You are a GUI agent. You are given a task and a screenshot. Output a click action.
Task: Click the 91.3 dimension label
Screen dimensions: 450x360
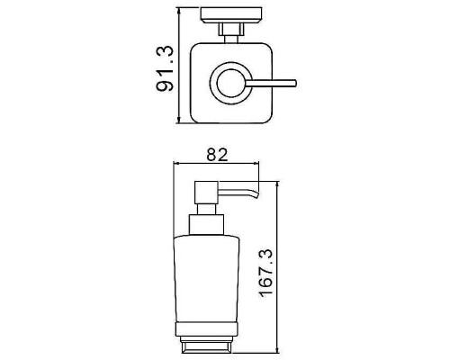tap(165, 68)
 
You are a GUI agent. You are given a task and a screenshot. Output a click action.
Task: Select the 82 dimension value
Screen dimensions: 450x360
tap(217, 155)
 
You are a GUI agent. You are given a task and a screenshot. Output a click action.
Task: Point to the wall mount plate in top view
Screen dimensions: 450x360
tap(231, 15)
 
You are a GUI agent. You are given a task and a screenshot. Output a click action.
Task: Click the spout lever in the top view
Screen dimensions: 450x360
tap(272, 84)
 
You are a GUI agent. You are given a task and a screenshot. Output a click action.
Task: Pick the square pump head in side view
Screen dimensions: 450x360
tap(206, 193)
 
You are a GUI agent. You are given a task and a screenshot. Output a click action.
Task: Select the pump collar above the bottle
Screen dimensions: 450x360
tap(206, 225)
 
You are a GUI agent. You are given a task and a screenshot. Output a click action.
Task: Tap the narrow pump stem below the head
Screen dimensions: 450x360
tap(206, 209)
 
